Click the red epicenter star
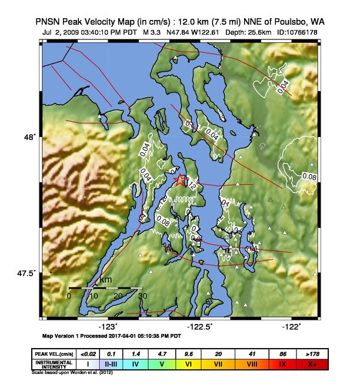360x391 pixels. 180,180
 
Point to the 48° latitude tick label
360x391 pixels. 29,137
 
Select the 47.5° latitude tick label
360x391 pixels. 26,273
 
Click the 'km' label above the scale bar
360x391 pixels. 106,280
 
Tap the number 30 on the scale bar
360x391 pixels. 142,296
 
